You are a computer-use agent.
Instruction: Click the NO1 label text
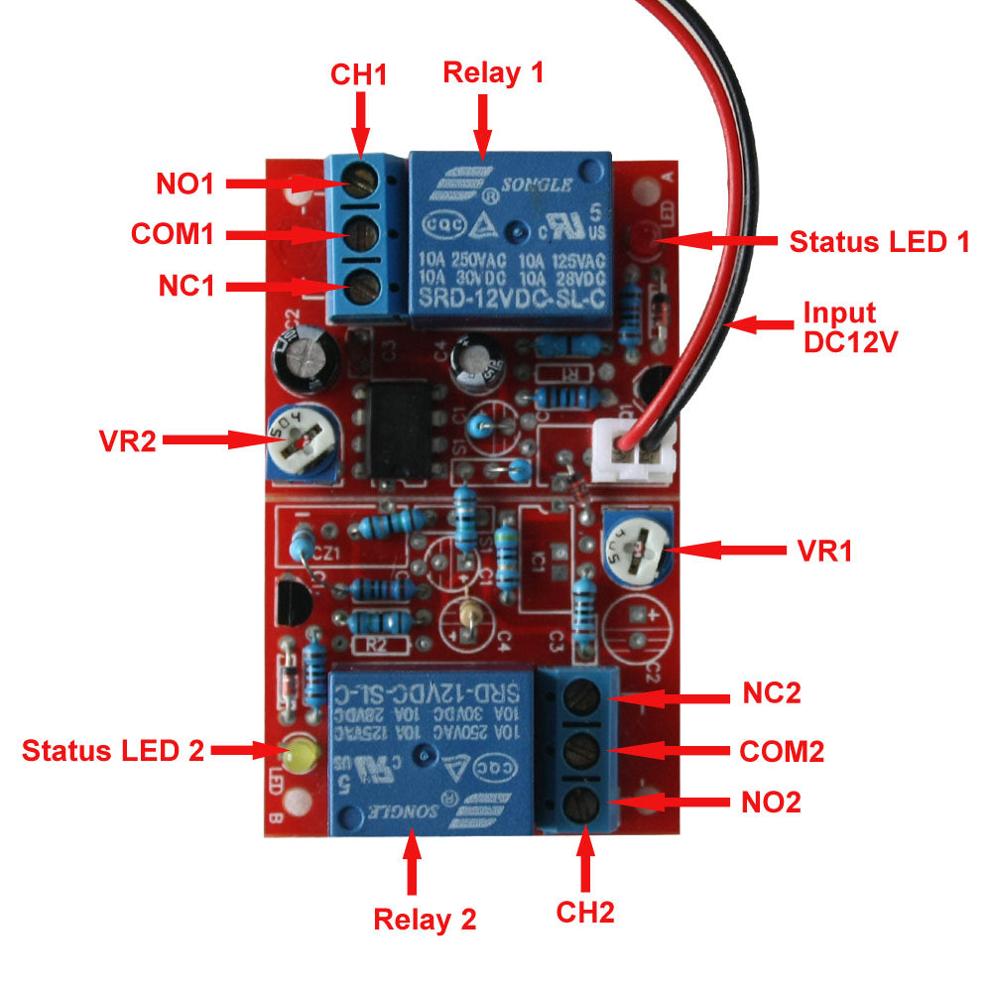point(186,184)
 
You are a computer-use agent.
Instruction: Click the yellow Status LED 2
point(297,756)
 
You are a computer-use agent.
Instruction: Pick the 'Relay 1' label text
point(493,72)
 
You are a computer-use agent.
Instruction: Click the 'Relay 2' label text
point(425,919)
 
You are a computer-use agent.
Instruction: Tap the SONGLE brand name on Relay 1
point(542,185)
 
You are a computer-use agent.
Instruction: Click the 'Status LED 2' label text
point(113,751)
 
